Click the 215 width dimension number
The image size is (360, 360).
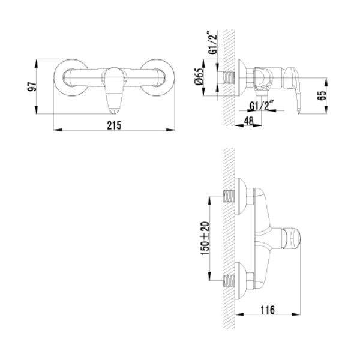coord(115,125)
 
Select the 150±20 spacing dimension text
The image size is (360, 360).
coord(205,238)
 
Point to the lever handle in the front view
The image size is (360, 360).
coord(114,90)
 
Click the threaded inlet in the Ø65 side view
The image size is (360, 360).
coord(229,79)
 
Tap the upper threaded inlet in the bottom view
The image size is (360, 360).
coord(229,197)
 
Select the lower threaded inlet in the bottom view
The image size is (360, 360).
coord(229,280)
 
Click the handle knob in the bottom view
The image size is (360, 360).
coord(292,238)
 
